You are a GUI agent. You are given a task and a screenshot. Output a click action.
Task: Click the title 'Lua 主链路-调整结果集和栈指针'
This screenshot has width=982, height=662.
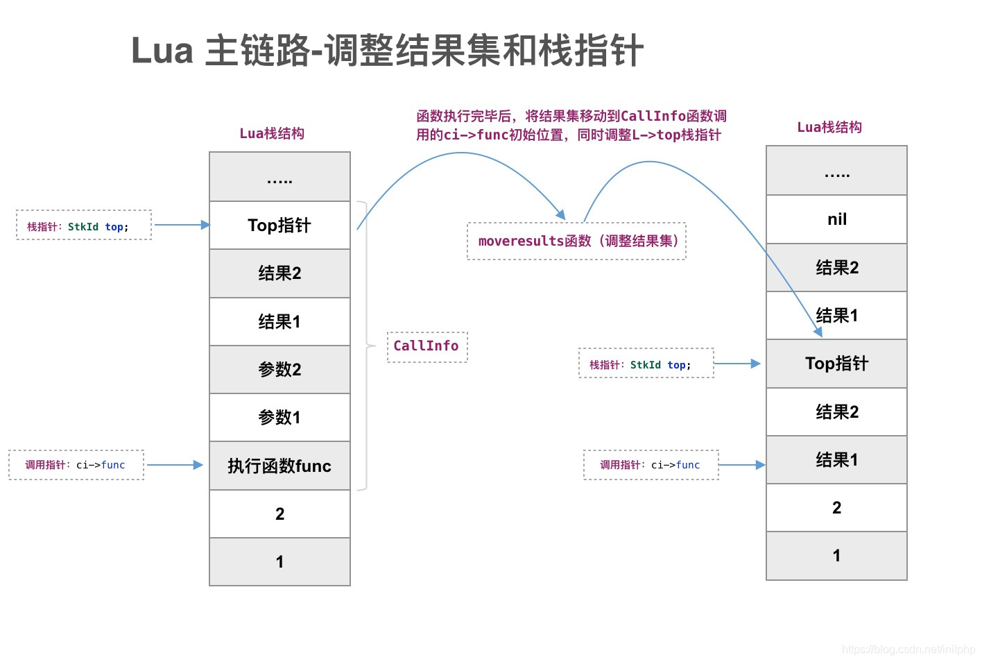(387, 51)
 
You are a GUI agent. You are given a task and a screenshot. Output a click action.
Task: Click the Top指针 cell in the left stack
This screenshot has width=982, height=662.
(279, 226)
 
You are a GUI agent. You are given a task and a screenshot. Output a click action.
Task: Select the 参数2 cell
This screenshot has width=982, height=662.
(279, 369)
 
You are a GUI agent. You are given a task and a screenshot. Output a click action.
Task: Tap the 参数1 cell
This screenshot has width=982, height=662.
(279, 417)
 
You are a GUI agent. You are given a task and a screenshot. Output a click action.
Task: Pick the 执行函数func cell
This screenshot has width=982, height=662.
(279, 466)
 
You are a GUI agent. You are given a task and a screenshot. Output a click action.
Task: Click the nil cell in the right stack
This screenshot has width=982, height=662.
(836, 219)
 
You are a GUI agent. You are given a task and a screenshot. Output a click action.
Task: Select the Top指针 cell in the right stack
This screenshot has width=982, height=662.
(836, 364)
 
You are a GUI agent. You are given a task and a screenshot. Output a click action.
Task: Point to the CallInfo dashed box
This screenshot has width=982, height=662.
(427, 346)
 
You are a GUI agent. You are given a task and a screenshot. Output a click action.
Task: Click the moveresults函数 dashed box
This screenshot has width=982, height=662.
(576, 241)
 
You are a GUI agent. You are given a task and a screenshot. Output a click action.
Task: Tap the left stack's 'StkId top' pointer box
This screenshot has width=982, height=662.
(84, 226)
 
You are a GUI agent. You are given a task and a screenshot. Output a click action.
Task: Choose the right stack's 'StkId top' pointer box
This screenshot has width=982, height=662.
(646, 364)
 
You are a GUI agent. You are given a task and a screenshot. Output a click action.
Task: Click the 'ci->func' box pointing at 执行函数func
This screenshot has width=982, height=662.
(76, 465)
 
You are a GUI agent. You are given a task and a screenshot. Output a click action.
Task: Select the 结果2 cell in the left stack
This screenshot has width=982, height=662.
(279, 273)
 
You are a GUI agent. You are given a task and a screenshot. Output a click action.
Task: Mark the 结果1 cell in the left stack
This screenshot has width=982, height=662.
(279, 321)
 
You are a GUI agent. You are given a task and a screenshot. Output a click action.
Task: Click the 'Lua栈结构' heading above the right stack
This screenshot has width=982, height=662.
(829, 127)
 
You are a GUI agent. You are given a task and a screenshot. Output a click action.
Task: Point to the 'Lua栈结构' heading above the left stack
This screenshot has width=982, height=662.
(272, 133)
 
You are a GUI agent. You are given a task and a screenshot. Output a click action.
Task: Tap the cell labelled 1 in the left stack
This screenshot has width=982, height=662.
(279, 561)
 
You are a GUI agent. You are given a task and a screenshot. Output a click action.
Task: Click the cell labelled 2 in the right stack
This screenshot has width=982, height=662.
(836, 507)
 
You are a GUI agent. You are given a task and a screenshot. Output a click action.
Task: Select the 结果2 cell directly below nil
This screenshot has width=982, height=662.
(836, 267)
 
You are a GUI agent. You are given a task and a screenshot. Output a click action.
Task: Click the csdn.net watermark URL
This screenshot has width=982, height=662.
(908, 650)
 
